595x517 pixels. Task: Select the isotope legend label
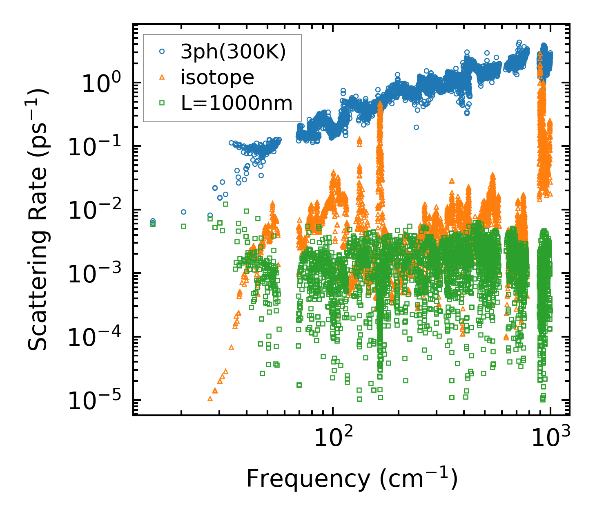pos(217,77)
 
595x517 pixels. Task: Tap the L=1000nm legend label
pos(237,103)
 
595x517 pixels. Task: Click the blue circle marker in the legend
pos(162,51)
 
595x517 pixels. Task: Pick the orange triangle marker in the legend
pos(162,77)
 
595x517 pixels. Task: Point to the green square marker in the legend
pos(162,103)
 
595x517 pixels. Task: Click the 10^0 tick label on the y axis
pos(100,83)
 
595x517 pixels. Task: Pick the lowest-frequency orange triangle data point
pos(210,398)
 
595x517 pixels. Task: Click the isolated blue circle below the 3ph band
pos(416,127)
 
